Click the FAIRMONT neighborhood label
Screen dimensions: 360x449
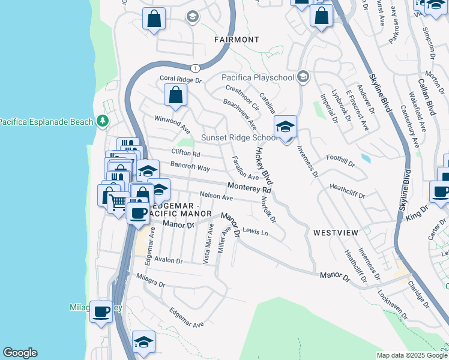click(237, 40)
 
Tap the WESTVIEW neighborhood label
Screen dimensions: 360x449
click(335, 232)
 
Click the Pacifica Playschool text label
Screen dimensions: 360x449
click(258, 77)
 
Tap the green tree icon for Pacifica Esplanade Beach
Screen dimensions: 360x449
click(103, 122)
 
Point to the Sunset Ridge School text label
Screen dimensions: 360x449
click(239, 137)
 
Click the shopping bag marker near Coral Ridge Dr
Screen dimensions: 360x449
click(175, 95)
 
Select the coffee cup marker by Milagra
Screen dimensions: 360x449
click(101, 311)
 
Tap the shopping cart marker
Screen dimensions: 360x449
click(119, 202)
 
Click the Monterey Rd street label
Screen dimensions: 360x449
click(249, 188)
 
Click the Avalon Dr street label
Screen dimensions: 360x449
click(168, 260)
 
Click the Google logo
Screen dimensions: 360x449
click(20, 353)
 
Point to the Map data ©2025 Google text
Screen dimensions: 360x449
click(412, 355)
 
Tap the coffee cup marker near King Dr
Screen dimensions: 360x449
click(441, 192)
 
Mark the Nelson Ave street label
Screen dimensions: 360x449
click(216, 196)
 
